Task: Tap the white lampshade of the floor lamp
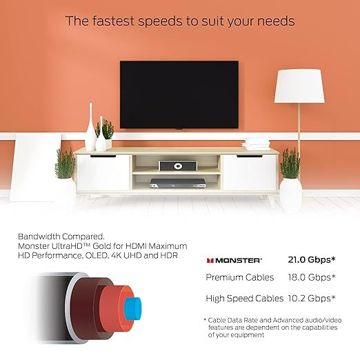(299, 86)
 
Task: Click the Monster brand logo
(234, 260)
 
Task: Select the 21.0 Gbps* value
(312, 260)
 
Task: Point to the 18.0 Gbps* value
(312, 277)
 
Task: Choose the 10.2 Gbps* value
(312, 298)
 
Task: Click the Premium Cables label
(239, 277)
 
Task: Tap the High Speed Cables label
(245, 298)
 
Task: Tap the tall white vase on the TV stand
(90, 128)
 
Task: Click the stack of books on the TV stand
(256, 143)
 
